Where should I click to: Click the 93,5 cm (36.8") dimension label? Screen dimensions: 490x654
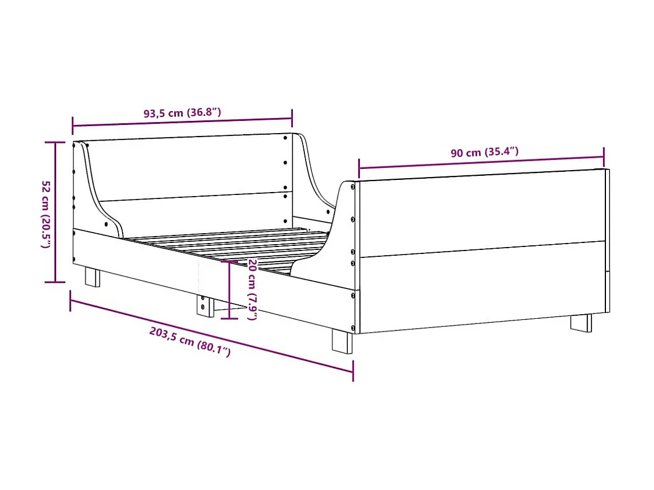(x=182, y=113)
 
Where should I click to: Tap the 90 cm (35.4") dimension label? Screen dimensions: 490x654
(x=484, y=153)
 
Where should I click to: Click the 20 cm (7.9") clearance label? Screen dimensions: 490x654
(x=252, y=289)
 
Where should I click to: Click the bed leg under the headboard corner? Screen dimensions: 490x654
(x=93, y=276)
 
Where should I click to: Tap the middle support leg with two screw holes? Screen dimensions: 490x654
(x=203, y=305)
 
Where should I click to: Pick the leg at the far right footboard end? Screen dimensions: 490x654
(x=581, y=322)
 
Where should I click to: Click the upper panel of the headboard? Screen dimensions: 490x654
(x=191, y=168)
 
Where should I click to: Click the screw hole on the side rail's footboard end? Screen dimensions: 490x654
(x=352, y=295)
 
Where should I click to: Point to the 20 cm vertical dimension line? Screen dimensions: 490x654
(x=230, y=289)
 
